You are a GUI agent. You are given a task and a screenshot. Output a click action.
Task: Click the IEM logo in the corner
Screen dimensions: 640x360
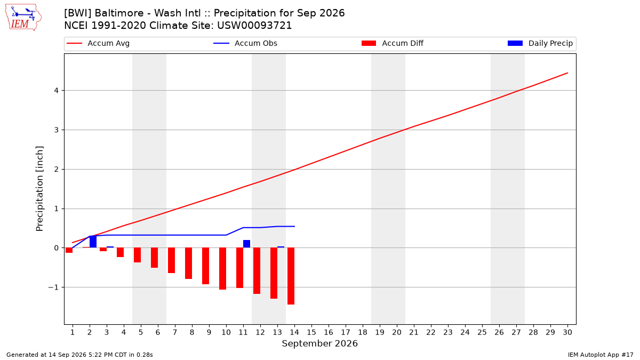23,18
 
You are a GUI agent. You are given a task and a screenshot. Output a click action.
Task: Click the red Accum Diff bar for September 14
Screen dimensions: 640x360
291,276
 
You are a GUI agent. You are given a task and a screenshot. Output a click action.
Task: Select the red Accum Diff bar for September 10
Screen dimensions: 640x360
222,269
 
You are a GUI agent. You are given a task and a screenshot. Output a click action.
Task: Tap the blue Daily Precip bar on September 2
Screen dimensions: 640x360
93,242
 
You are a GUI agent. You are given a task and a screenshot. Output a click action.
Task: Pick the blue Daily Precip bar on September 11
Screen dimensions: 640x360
246,244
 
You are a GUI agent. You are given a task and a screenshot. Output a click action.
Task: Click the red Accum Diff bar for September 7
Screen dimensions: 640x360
171,260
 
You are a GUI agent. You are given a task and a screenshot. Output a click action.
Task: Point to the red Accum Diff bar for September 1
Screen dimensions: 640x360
69,250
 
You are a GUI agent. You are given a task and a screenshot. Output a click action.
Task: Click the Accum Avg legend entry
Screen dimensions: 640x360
98,43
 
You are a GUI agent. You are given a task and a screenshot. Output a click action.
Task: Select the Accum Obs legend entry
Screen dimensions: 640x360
245,43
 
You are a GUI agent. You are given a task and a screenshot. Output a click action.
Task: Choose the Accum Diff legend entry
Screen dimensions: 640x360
393,43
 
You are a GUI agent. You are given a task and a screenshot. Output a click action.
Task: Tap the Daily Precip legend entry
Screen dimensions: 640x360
540,43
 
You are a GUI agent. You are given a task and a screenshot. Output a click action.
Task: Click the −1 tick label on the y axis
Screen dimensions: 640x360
53,287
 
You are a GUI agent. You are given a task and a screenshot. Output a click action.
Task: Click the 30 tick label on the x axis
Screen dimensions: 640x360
567,332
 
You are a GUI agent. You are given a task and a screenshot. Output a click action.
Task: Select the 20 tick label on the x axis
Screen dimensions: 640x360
397,332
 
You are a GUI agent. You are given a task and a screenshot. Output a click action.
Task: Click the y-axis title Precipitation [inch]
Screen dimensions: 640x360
39,189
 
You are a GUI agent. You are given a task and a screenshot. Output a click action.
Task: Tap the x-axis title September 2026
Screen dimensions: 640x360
319,343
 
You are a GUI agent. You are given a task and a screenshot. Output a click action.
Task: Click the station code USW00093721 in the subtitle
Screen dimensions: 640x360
254,26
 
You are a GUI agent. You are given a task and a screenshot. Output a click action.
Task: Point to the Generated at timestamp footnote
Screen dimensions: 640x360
79,355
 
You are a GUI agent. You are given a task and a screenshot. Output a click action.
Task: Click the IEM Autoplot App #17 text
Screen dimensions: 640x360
601,355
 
